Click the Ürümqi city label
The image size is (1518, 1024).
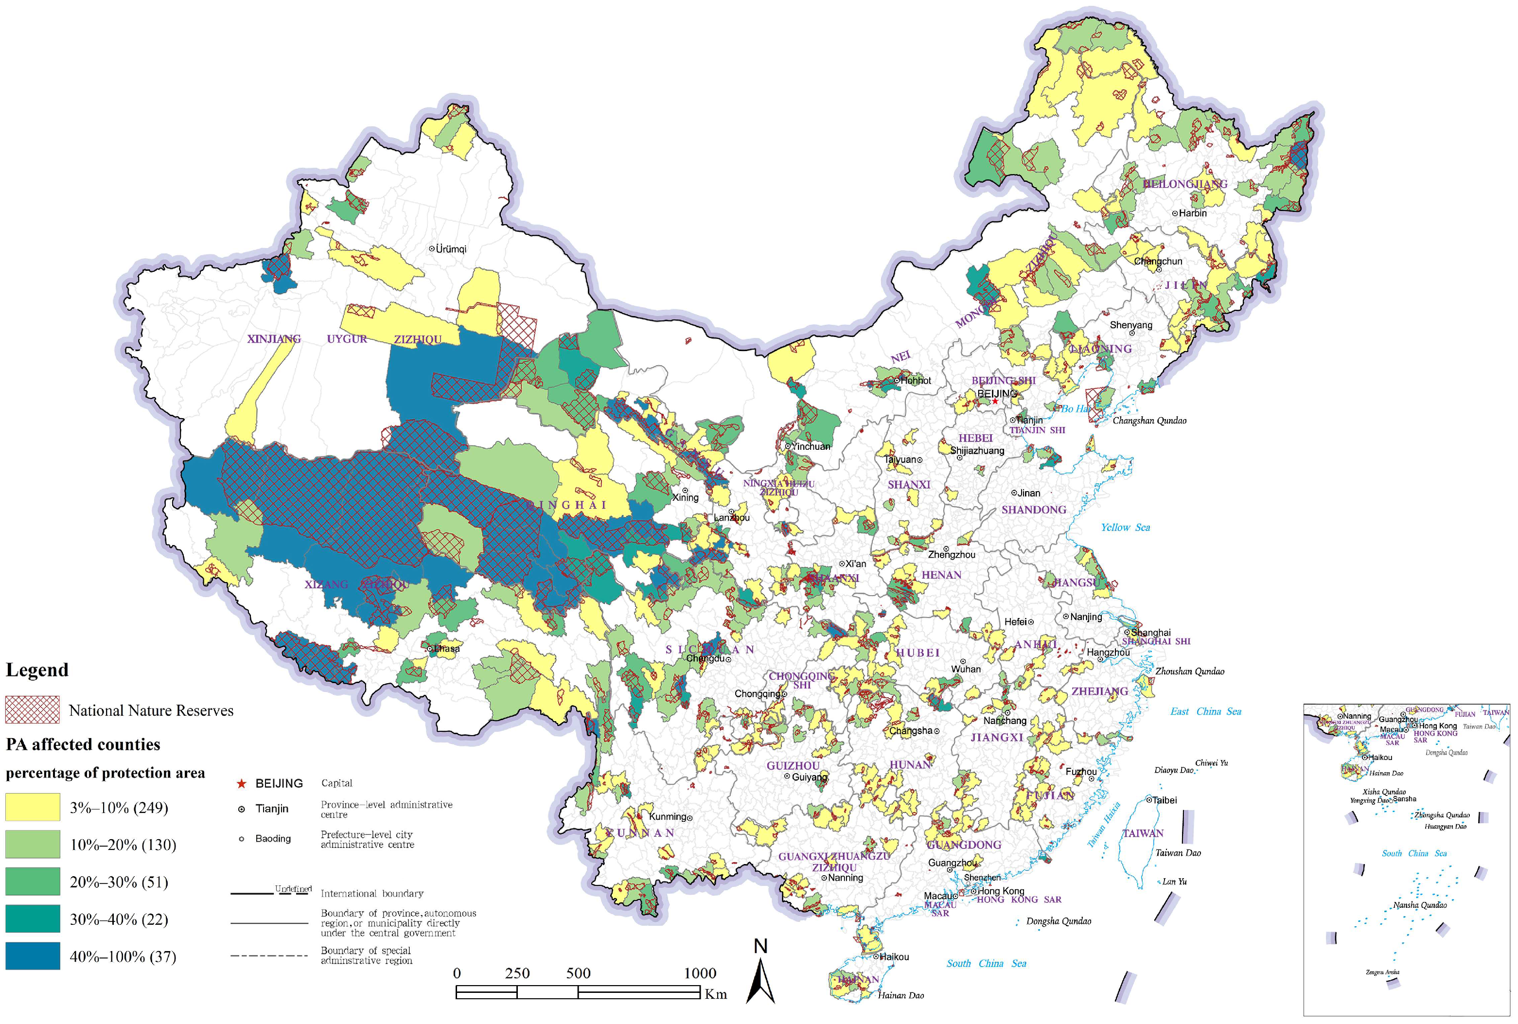[451, 249]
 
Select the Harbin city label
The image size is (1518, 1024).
[1192, 213]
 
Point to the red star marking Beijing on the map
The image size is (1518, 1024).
[994, 401]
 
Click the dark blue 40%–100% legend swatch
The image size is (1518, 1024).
[33, 956]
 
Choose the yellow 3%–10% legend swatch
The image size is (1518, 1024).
[33, 807]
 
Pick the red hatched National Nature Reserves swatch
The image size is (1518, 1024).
[33, 710]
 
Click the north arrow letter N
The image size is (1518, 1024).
[760, 946]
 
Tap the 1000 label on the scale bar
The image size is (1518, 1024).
[700, 973]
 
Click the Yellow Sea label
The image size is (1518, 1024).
[1125, 528]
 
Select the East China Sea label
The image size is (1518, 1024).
[1205, 711]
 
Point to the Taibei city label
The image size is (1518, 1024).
[1164, 800]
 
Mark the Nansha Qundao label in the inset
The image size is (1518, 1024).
[1419, 905]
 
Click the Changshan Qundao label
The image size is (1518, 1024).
[1149, 421]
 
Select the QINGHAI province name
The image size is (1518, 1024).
[566, 505]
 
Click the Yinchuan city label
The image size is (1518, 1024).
[810, 447]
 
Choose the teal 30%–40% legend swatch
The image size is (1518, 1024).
[33, 919]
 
